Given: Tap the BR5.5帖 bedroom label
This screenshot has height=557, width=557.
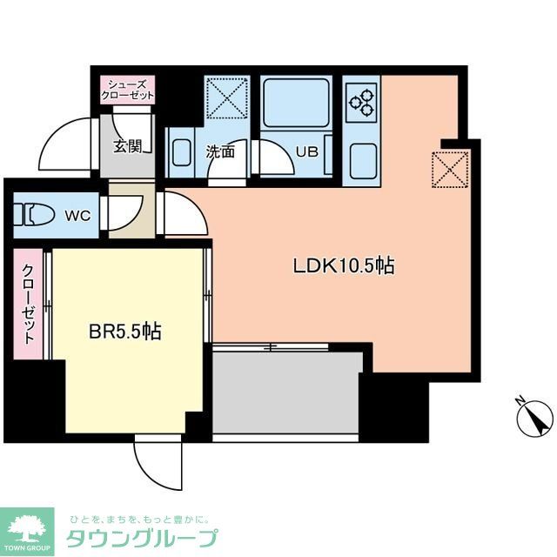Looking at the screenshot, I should [125, 332].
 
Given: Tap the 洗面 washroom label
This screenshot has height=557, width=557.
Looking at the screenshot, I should [220, 151].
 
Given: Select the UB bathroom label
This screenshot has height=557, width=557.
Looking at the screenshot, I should [306, 151].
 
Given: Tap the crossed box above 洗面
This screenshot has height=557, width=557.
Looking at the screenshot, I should [226, 99].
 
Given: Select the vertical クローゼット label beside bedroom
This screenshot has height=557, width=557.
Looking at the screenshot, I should [29, 305].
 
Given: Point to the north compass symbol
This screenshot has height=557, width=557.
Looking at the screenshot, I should [534, 419].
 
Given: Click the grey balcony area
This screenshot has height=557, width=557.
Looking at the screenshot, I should [287, 392].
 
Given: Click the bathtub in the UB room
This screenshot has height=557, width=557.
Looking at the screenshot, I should [296, 102].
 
